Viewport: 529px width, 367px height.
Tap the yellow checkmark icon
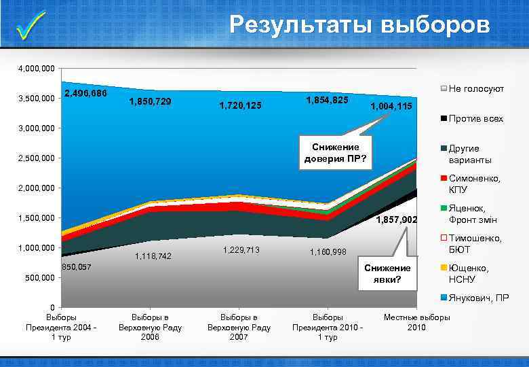click(31, 26)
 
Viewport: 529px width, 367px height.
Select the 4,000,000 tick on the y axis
click(37, 69)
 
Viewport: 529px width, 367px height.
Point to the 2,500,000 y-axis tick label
click(37, 159)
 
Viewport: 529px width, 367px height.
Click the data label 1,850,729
click(150, 102)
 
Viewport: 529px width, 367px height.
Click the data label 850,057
click(76, 267)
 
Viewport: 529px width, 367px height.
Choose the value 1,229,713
click(241, 250)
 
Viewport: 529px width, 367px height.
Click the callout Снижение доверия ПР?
click(336, 153)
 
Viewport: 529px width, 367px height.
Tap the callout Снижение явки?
click(387, 274)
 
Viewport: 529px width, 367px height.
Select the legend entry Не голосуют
click(475, 89)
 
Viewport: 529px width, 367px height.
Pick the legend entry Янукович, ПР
click(478, 298)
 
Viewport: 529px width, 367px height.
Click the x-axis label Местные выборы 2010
click(416, 323)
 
